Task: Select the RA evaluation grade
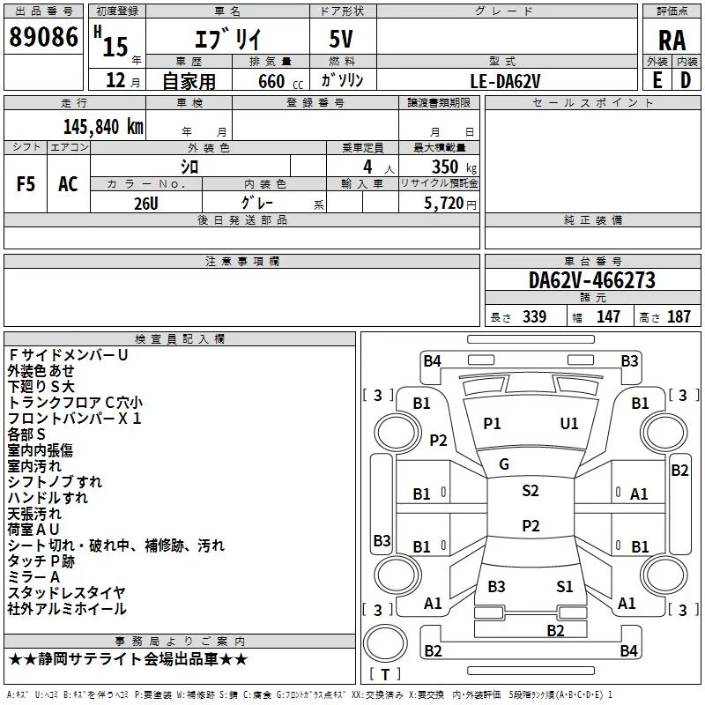click(672, 40)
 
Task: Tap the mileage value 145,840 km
click(103, 126)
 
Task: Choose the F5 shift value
click(26, 184)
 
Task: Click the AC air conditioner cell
click(68, 184)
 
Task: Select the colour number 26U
click(145, 202)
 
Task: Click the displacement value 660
click(271, 81)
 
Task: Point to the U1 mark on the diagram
click(569, 424)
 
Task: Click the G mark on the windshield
click(504, 464)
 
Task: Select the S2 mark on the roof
click(531, 491)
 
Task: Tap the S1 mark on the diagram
click(565, 586)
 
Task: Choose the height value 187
click(679, 317)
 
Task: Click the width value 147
click(608, 317)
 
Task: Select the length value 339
click(534, 317)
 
